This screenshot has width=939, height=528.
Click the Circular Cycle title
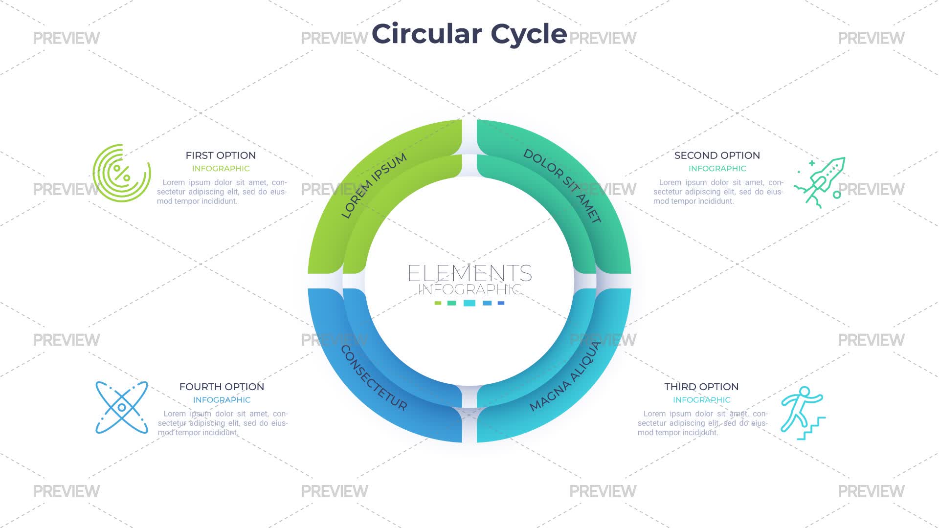[x=469, y=34]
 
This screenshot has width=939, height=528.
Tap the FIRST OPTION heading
[x=221, y=155]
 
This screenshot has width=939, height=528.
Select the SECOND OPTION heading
[x=717, y=155]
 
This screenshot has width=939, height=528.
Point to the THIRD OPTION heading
[x=701, y=387]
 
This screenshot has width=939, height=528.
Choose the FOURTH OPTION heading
[x=222, y=387]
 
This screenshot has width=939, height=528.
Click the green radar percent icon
[x=122, y=173]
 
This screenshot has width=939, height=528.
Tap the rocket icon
[x=820, y=182]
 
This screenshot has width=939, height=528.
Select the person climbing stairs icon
[x=803, y=413]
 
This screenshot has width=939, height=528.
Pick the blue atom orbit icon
[x=122, y=407]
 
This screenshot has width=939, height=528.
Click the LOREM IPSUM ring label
[x=374, y=186]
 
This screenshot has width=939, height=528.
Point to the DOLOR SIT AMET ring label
[x=562, y=186]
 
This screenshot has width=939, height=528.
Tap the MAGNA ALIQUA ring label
[x=565, y=376]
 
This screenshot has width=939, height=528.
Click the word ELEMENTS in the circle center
[x=469, y=273]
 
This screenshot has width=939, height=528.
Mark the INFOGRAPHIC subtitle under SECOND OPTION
[x=717, y=169]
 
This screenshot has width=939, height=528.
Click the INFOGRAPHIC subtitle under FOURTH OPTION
[x=222, y=400]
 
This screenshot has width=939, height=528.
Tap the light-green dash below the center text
[x=438, y=303]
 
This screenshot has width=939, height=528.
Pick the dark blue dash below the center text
[x=501, y=303]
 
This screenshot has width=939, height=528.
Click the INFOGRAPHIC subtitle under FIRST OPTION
[x=221, y=169]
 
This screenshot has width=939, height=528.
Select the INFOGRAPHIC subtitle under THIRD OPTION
[x=701, y=400]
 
